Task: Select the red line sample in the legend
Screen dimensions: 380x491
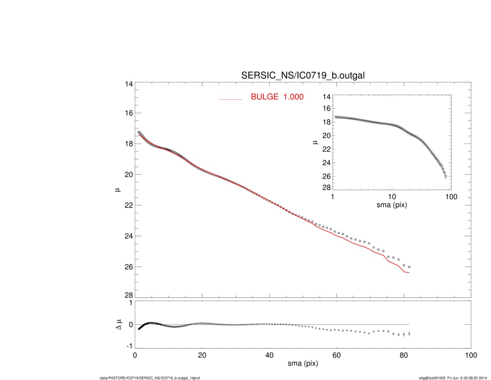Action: coord(231,99)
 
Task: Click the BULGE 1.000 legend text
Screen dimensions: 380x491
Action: coord(277,97)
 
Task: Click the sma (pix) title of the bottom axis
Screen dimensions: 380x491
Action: coord(303,364)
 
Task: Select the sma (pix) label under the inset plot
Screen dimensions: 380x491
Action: coord(391,206)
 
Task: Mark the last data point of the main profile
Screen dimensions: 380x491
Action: coord(409,267)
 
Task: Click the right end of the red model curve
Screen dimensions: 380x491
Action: coord(409,273)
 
